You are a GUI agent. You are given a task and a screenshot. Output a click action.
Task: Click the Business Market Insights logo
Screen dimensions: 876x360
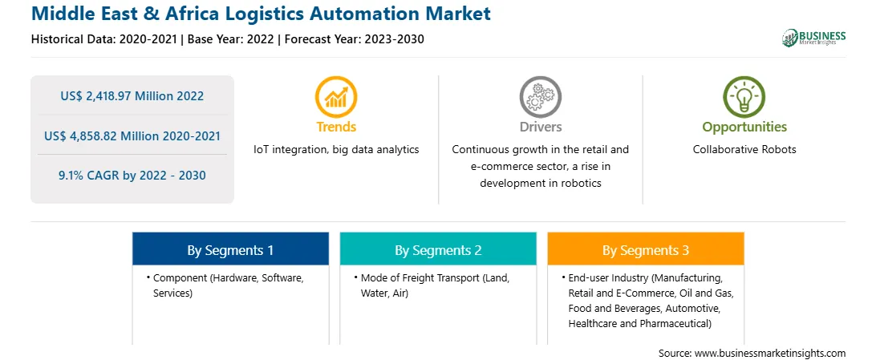[813, 38]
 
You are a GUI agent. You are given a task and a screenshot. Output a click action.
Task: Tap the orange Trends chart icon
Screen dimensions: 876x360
[336, 96]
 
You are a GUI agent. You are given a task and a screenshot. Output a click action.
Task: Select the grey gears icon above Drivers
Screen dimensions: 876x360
[540, 96]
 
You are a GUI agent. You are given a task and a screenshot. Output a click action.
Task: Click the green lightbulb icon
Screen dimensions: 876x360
[744, 96]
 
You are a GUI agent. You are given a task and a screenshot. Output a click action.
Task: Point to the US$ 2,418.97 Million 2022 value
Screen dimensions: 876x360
[132, 96]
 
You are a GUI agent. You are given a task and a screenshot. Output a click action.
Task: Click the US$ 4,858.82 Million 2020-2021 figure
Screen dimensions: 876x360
[132, 136]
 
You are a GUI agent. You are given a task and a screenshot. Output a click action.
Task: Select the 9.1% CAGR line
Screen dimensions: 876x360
[132, 176]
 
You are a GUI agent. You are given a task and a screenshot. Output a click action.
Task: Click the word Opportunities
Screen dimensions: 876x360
[744, 127]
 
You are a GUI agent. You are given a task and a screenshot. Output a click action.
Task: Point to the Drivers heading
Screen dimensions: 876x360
[540, 127]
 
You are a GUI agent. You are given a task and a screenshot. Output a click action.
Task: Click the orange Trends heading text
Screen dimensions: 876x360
[336, 127]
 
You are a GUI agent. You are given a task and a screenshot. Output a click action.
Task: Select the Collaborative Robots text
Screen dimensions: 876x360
[744, 150]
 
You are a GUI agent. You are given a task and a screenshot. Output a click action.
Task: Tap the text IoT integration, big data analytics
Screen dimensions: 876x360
[336, 150]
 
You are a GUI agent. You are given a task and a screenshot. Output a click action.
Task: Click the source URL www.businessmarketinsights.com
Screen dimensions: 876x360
[770, 353]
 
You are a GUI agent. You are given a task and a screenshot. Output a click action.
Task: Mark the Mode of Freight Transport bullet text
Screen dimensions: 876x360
[436, 285]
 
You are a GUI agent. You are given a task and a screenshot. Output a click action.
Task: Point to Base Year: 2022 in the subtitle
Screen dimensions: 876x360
[232, 39]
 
